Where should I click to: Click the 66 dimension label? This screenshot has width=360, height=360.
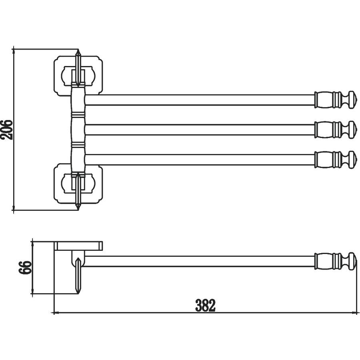tap(25, 267)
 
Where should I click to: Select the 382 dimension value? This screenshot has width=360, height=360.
tap(206, 305)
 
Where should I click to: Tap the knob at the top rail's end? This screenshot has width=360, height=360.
tap(352, 100)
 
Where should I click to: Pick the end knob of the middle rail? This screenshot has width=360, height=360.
tap(352, 130)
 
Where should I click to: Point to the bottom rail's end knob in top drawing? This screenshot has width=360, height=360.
tap(352, 160)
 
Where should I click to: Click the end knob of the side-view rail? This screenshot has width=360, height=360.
tap(352, 261)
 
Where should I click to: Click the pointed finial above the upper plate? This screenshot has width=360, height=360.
tap(78, 68)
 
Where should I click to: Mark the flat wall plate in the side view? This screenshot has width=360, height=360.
tap(78, 246)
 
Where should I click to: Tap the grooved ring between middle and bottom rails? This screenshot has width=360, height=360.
tap(78, 145)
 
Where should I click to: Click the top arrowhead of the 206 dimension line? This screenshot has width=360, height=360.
tap(14, 51)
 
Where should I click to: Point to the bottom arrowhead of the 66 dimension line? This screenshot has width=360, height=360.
tap(32, 292)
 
